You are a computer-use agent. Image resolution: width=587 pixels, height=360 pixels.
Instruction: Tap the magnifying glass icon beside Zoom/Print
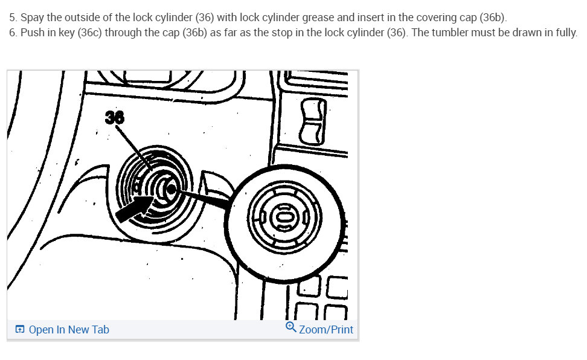pyautogui.click(x=291, y=327)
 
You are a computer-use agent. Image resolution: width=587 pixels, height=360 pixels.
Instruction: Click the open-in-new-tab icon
pyautogui.click(x=20, y=329)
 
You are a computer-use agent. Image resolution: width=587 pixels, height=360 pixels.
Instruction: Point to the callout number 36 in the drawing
pyautogui.click(x=115, y=117)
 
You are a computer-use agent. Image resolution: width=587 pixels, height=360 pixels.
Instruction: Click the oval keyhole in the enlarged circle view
pyautogui.click(x=284, y=217)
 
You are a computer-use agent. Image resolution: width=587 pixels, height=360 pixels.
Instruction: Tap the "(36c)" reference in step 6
pyautogui.click(x=90, y=33)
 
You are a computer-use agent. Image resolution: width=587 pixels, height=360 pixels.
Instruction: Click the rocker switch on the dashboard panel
pyautogui.click(x=313, y=121)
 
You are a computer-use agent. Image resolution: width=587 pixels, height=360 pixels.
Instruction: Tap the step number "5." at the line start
pyautogui.click(x=13, y=18)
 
